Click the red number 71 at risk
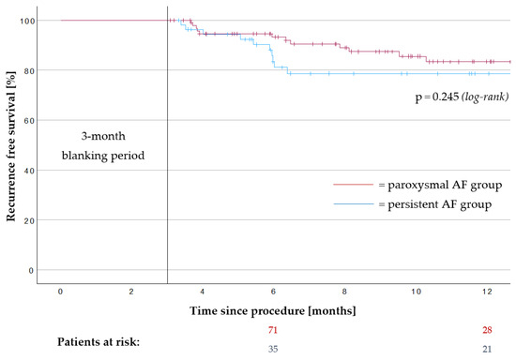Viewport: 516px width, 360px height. (274, 330)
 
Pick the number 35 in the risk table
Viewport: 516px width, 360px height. (274, 348)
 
